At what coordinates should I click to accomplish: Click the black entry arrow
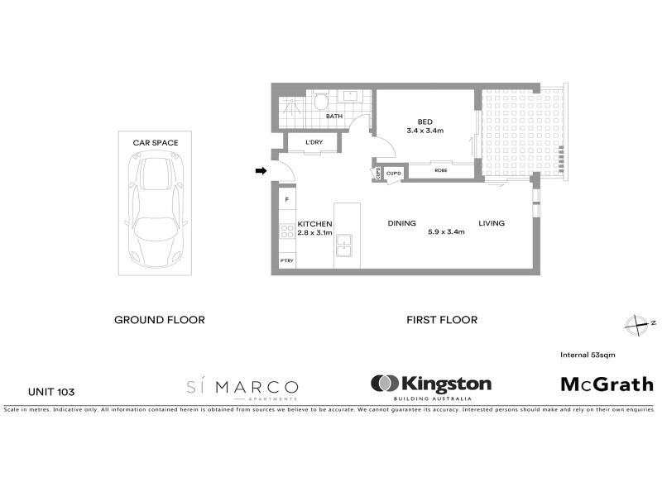coord(260,171)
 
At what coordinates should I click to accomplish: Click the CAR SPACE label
coord(156,143)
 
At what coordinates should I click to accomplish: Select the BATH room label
coord(333,117)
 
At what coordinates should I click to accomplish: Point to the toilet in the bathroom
coord(320,103)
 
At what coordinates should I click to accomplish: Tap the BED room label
coord(425,119)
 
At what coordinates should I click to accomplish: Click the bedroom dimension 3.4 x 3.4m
coord(425,130)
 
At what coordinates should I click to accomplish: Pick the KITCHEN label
coord(314,224)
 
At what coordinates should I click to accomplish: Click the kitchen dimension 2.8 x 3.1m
coord(314,233)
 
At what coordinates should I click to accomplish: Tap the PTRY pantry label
coord(287,261)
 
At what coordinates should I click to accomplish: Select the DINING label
coord(401,223)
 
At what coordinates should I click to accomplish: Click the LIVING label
coord(491,223)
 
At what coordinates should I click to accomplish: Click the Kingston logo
coord(431,384)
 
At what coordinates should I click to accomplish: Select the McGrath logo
coord(607,384)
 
